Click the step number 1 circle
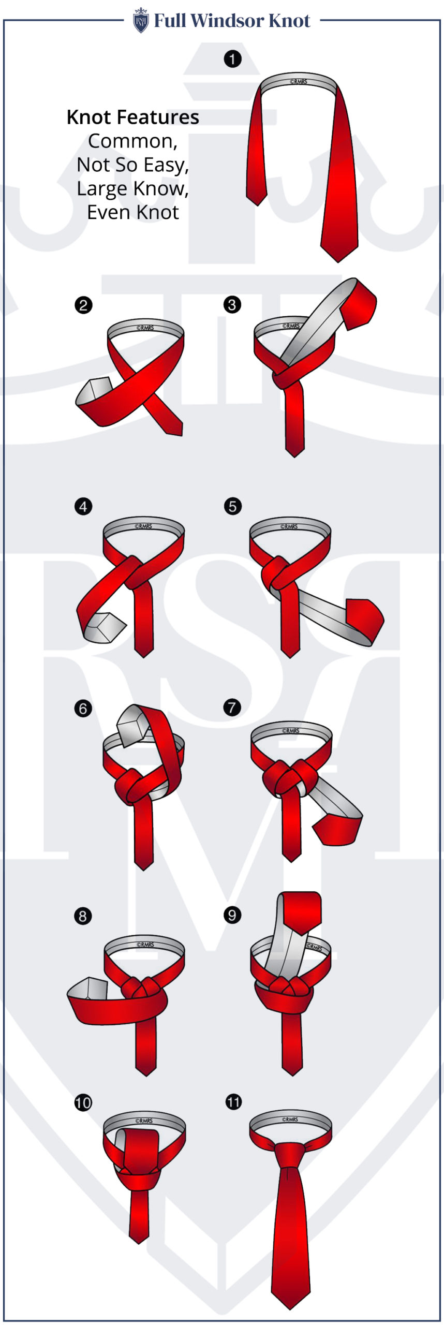click(232, 59)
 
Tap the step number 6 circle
click(83, 708)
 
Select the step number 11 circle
click(233, 1101)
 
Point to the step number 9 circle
click(232, 915)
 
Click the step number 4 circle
click(83, 506)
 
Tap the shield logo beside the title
click(140, 21)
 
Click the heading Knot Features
click(132, 117)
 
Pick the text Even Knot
click(132, 212)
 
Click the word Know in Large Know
click(160, 189)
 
